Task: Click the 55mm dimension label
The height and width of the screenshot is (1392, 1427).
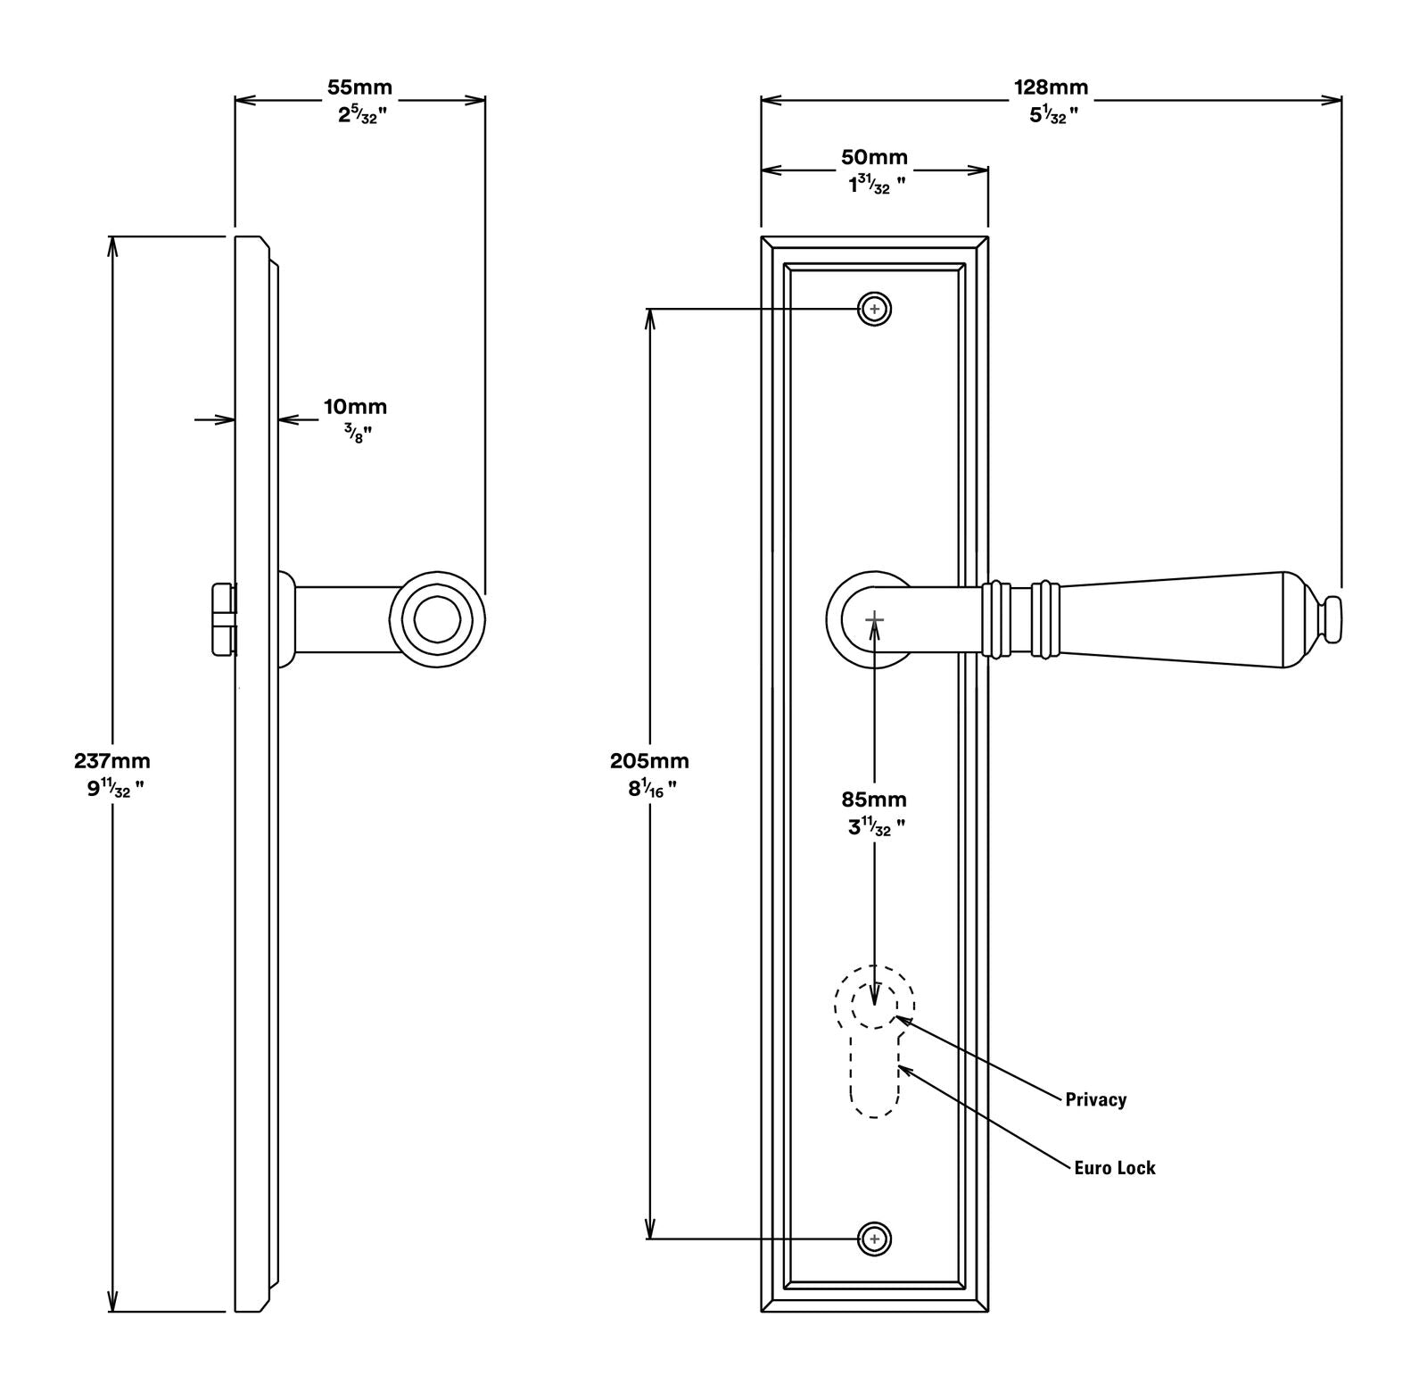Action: [x=359, y=87]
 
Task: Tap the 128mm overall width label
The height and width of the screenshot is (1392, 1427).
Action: [x=1051, y=87]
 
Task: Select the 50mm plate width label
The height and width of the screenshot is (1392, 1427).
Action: [x=874, y=157]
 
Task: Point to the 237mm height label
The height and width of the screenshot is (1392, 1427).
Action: [x=112, y=761]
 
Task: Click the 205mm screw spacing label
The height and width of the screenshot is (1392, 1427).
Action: [x=649, y=761]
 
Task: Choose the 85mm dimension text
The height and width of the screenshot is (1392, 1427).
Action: [x=874, y=800]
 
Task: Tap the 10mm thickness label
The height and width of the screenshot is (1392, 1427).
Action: [x=355, y=407]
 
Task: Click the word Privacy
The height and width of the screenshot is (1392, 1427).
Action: [x=1095, y=1099]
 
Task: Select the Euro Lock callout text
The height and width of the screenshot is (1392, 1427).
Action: [x=1114, y=1168]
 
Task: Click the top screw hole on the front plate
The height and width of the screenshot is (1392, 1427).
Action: [x=874, y=310]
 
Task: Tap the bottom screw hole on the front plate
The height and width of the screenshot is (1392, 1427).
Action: [x=874, y=1239]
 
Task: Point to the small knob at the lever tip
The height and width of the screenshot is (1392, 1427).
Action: [x=1332, y=618]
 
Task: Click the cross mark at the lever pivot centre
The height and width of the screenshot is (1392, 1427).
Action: [x=874, y=618]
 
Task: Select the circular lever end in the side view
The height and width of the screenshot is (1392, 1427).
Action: [x=437, y=618]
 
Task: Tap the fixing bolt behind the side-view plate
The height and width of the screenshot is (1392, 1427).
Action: [x=224, y=619]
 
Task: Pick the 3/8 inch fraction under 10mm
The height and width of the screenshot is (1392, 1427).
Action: [x=356, y=435]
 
